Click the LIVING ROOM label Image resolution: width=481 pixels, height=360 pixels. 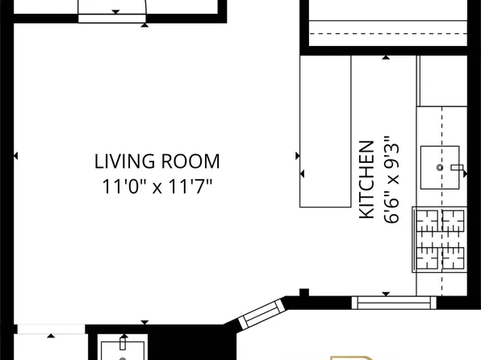pos(157,161)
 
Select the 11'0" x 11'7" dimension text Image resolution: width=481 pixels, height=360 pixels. pos(157,187)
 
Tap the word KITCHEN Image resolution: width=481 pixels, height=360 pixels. pos(366,179)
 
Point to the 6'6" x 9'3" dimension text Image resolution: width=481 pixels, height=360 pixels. pos(392,179)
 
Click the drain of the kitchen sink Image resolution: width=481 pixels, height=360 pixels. pos(440,167)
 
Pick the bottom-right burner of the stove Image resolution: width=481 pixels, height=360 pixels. pos(454,259)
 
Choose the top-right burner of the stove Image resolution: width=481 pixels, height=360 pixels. pos(454,219)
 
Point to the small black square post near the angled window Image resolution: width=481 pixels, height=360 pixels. pos(303,292)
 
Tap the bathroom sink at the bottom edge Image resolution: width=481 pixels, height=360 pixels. pos(122,350)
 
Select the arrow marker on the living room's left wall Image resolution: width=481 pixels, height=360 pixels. pos(16,156)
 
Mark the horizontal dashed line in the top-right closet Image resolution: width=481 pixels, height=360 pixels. pos(387,33)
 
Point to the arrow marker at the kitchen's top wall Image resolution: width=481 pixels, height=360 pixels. pos(386,58)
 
